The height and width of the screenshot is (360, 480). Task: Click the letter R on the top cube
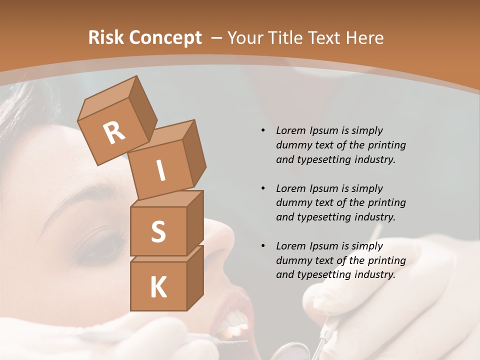click(114, 132)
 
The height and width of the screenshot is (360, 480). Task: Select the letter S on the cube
click(158, 232)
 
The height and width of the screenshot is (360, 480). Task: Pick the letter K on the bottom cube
click(158, 287)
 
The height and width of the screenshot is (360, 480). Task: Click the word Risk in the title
click(105, 37)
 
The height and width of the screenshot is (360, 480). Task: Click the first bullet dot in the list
click(263, 130)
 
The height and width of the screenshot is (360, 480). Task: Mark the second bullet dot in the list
click(263, 188)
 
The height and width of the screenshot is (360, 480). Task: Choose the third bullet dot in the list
click(263, 246)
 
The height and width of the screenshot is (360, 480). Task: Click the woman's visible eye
click(102, 247)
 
